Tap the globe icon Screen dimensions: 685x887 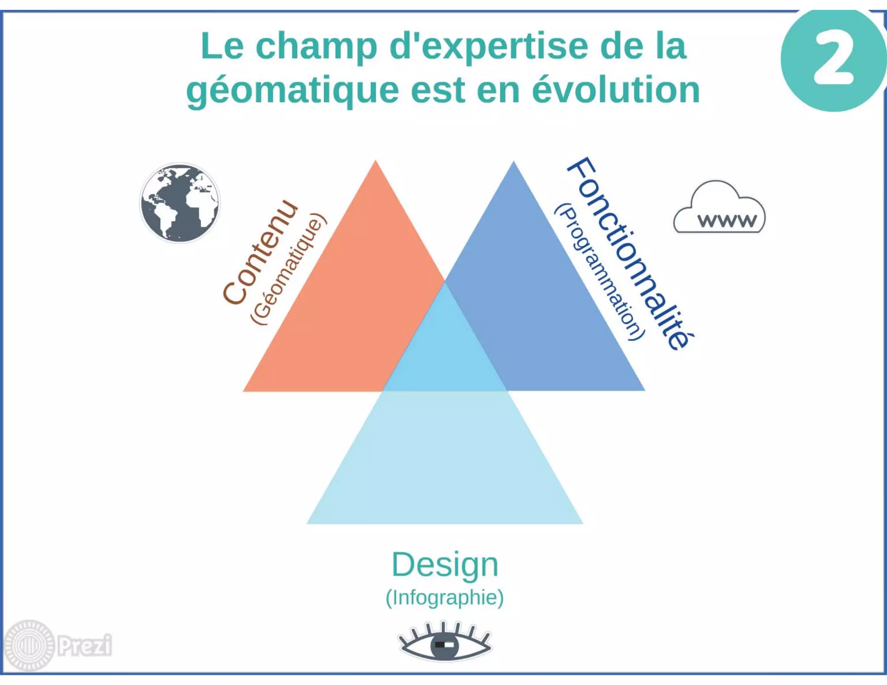click(180, 203)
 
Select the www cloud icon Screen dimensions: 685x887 click(719, 208)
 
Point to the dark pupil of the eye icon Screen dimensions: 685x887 click(444, 645)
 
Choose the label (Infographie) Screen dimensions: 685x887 click(445, 598)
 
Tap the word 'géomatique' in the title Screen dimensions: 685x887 click(292, 91)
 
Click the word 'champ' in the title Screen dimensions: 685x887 click(317, 47)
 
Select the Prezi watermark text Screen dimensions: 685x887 click(85, 646)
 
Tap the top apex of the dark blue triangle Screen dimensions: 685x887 click(514, 162)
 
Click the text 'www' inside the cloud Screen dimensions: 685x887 click(727, 221)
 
